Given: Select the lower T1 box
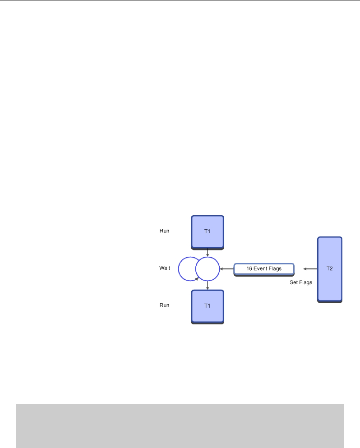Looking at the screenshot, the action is point(208,306).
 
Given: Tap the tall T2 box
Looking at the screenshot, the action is point(330,269).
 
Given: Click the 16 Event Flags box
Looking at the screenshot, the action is point(264,269).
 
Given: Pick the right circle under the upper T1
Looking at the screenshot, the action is point(207,269).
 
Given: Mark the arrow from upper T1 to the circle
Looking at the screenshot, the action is point(207,253).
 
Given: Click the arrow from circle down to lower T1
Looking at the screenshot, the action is point(207,286).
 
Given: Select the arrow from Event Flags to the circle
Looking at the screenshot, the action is point(226,269).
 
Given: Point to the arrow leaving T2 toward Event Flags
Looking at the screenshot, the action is point(310,269).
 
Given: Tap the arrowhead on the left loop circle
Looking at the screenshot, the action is point(197,279).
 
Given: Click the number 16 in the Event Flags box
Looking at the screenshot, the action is point(249,269).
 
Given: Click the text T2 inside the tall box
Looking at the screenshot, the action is point(330,268).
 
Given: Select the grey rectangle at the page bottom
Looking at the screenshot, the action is point(180,425).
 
